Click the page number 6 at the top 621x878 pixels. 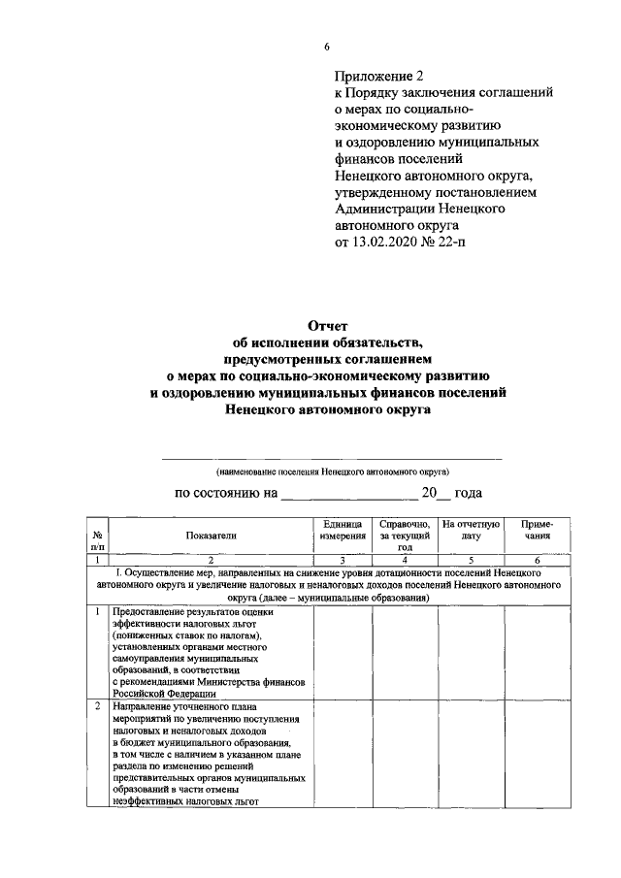point(327,47)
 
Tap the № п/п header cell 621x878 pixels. point(97,540)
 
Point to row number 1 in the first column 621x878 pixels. point(97,612)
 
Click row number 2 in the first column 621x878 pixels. point(97,706)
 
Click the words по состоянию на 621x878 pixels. point(224,493)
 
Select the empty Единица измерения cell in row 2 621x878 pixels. point(343,754)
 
